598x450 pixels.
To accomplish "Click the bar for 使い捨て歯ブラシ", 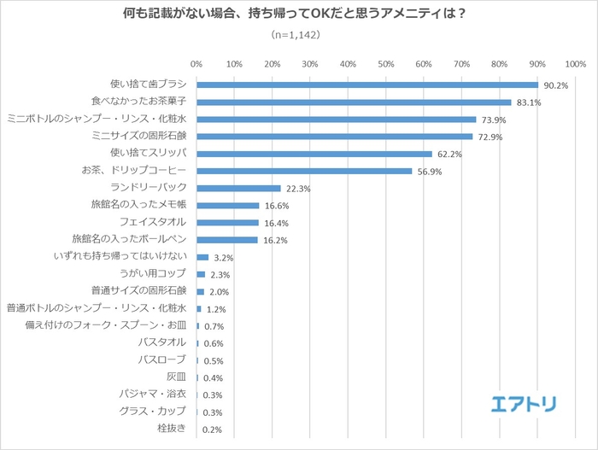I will (367, 85).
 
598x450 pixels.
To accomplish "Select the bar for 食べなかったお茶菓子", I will (354, 102).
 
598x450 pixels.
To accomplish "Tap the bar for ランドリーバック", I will (238, 188).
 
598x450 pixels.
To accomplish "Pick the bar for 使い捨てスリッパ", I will (314, 154).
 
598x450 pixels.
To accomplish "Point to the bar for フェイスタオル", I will (227, 223).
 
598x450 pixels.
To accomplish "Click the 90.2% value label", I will (555, 85).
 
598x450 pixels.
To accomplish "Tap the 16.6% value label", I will (276, 206).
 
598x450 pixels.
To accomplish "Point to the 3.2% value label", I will (223, 257).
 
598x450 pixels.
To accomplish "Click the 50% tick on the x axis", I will (385, 63).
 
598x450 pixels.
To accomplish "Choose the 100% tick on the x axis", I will (574, 63).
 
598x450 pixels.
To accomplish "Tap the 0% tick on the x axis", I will (196, 63).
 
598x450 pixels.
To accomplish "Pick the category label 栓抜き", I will (173, 428).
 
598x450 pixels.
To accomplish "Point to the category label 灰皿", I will (175, 377).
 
